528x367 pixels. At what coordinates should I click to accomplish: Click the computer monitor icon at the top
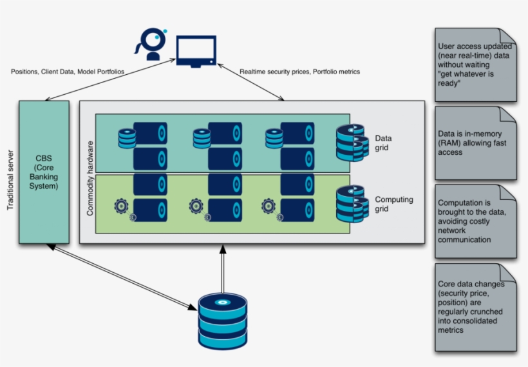(196, 51)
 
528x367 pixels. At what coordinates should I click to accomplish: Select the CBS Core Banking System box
(44, 172)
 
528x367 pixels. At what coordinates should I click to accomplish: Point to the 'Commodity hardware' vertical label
(90, 178)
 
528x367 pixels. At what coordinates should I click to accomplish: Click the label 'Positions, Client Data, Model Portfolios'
(68, 71)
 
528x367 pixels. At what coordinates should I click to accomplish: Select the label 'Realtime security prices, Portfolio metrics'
(299, 72)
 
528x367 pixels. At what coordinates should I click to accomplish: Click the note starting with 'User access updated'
(476, 64)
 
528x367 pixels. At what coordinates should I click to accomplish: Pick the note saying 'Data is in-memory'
(476, 143)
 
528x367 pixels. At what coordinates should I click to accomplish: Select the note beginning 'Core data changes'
(476, 306)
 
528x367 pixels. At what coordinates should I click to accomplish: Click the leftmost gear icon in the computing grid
(121, 206)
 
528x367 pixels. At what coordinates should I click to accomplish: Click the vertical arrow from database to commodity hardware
(223, 268)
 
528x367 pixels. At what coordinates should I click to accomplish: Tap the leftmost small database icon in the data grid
(127, 137)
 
